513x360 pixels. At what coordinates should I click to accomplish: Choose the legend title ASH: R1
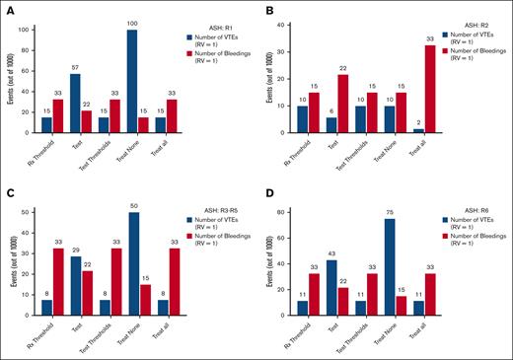click(202, 19)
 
